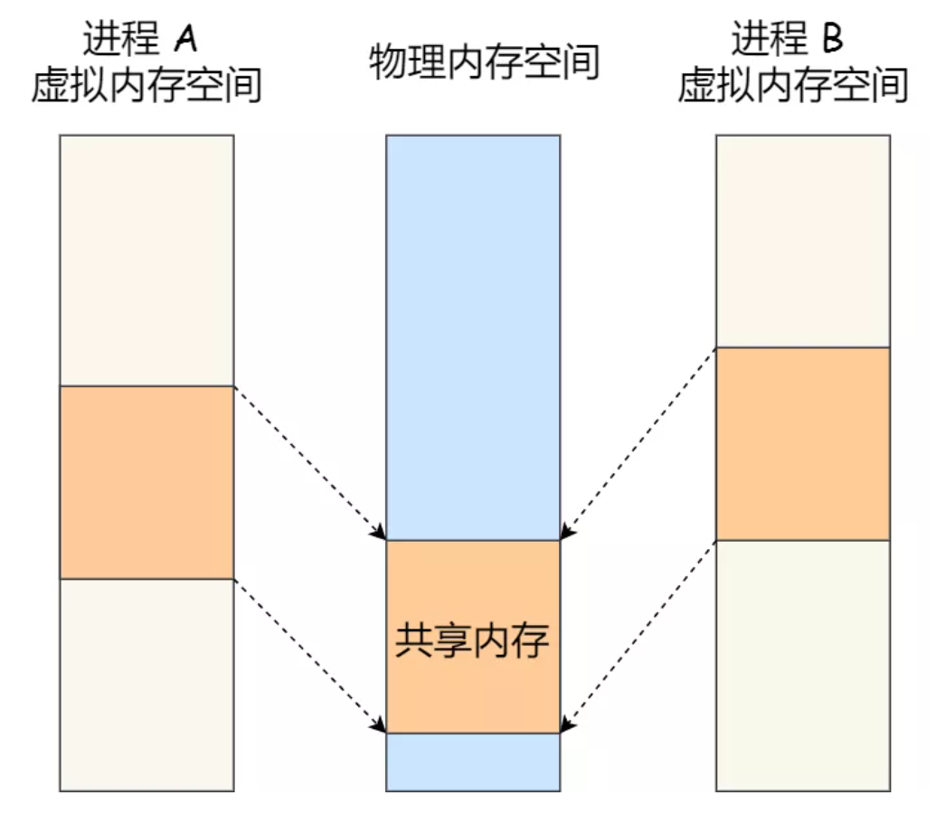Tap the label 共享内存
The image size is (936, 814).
tap(472, 640)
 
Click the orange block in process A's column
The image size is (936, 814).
tap(147, 482)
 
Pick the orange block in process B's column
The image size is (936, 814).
tap(802, 443)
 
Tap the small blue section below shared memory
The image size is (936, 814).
tap(473, 762)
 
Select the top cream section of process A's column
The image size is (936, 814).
tap(147, 260)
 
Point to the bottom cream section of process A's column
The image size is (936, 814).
tap(147, 685)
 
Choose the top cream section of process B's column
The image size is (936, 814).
tap(802, 241)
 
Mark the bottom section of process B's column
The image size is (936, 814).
tap(802, 666)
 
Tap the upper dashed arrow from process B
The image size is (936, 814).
tap(637, 443)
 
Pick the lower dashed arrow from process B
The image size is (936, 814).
tap(637, 636)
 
